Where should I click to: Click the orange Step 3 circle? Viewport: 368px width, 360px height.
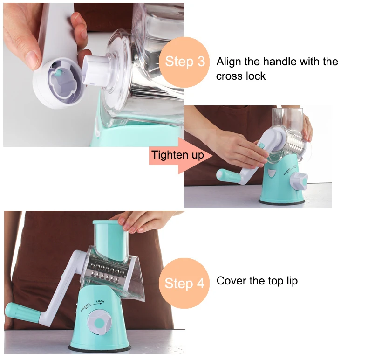point(184,62)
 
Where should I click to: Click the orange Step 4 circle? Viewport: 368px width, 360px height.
point(184,283)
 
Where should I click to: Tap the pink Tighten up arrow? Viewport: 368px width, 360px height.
point(181,155)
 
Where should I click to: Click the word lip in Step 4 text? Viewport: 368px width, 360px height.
point(292,281)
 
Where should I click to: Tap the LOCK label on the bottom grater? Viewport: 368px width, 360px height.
point(101,302)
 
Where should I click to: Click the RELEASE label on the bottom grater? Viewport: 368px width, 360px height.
point(85,307)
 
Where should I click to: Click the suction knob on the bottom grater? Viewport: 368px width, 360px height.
point(99,321)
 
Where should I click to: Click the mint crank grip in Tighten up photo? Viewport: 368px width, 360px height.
point(229,176)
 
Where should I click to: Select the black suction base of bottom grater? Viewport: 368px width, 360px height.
point(99,348)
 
